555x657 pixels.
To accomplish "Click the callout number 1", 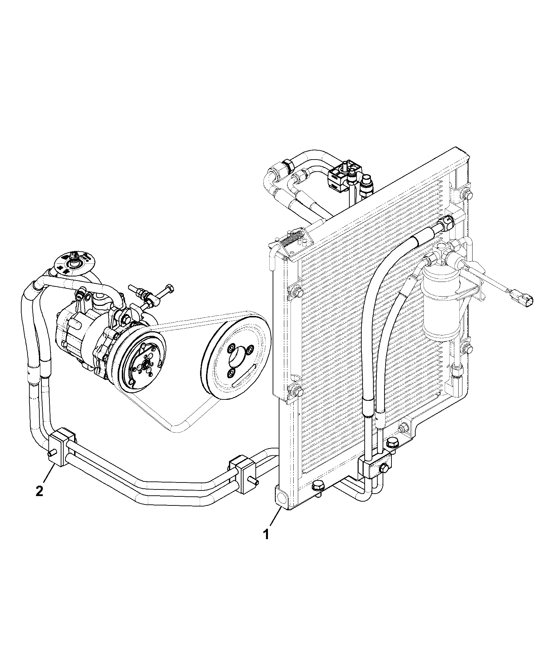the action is point(266,544).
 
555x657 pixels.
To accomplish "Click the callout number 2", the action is point(39,491).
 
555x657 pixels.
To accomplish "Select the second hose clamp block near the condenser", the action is point(244,474).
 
